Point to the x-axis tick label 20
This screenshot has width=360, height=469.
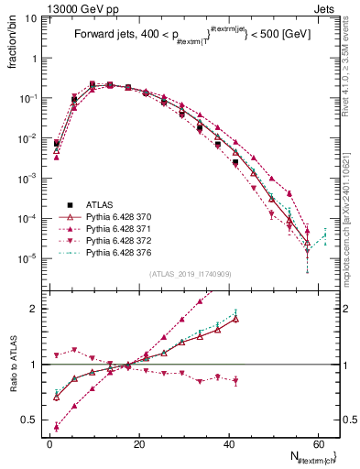click(138, 443)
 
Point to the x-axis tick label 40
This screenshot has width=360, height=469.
click(228, 443)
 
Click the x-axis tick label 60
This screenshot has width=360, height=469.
click(317, 443)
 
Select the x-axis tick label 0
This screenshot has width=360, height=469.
click(49, 443)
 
